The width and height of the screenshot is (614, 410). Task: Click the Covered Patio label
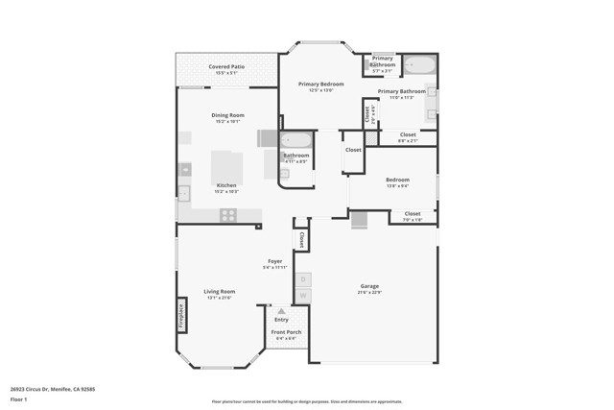227,66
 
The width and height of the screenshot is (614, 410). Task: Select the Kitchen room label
226,185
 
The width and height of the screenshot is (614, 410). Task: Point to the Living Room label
219,291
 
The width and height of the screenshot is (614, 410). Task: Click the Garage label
369,286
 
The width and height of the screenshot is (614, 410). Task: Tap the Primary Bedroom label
320,84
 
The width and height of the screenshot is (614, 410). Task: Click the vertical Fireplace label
181,316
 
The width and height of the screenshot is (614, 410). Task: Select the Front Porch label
286,332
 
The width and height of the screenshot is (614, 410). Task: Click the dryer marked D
302,279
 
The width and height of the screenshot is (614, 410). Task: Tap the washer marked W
302,295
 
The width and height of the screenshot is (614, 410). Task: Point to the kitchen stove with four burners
227,215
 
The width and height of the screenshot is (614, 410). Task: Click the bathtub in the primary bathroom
419,65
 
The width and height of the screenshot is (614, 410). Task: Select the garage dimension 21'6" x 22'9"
369,293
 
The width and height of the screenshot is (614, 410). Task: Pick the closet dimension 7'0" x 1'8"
412,220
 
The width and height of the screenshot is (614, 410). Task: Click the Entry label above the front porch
281,319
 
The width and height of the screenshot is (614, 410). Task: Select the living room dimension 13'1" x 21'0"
219,298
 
